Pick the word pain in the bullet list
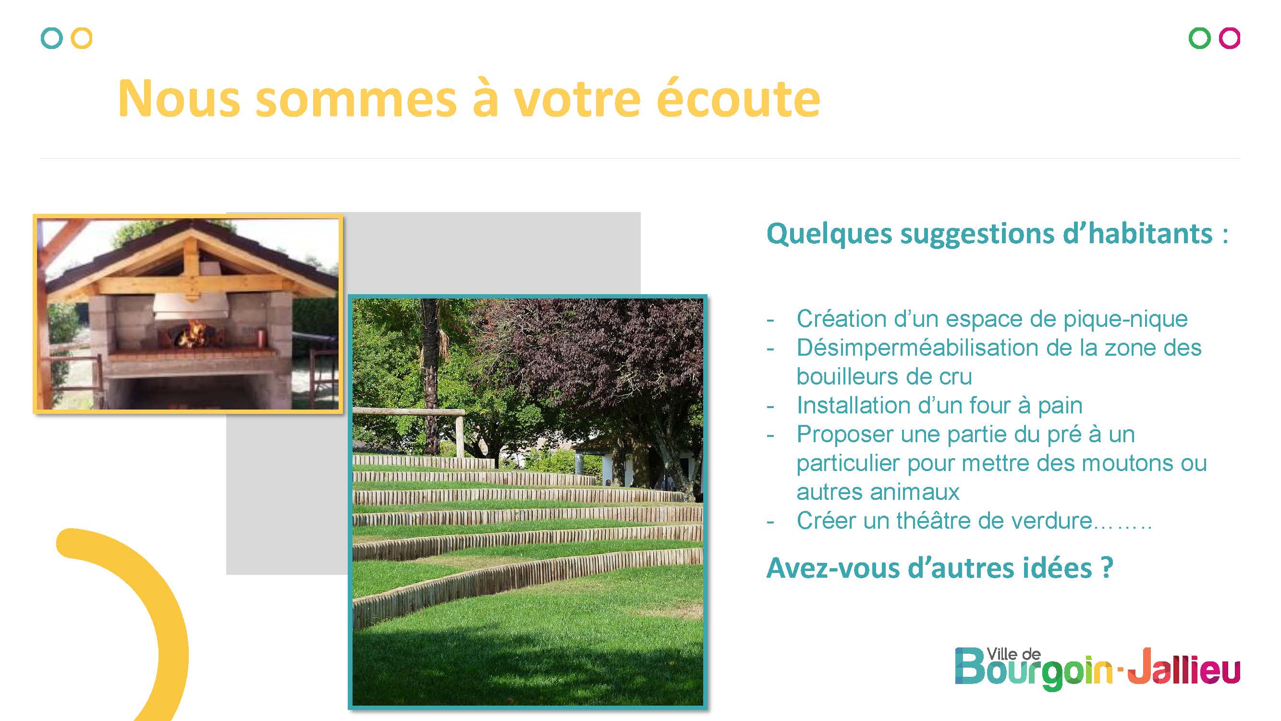click(1060, 406)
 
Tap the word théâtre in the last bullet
click(933, 521)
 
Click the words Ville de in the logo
click(1013, 654)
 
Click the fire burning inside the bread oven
click(192, 334)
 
